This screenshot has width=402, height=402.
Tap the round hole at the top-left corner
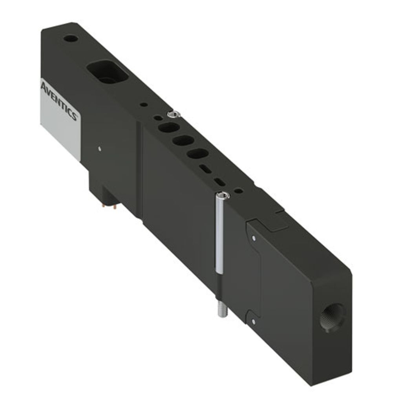click(x=71, y=39)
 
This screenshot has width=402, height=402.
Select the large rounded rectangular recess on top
click(x=108, y=72)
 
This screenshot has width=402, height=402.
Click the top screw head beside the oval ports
click(x=174, y=114)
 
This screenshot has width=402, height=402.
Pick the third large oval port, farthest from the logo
click(x=198, y=154)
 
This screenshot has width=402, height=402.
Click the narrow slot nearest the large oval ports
click(x=206, y=169)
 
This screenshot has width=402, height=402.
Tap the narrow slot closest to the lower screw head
click(x=220, y=182)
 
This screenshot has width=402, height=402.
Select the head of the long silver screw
click(x=223, y=196)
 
